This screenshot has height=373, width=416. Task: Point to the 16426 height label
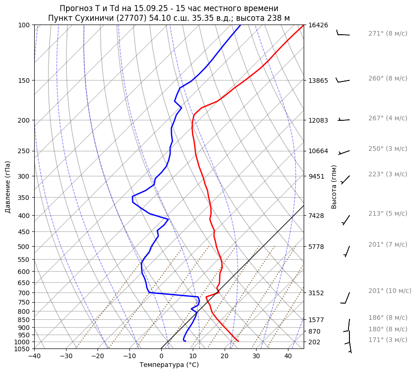318,25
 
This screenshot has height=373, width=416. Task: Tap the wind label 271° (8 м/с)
387,34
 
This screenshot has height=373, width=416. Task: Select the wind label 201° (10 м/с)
389,291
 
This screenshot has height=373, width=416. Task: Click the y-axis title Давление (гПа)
8,187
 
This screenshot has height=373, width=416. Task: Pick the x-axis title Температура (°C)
169,365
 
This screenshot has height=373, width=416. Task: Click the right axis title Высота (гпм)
334,187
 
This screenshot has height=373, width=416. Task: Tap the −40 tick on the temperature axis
34,356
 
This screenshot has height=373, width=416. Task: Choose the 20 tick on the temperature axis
224,356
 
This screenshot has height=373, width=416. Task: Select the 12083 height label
318,120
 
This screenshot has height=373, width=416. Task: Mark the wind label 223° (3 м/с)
387,174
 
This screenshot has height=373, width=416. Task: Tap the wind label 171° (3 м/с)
387,340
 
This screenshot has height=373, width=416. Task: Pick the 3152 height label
316,293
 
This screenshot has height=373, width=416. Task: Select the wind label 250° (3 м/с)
387,149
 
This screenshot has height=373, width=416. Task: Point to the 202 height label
314,342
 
